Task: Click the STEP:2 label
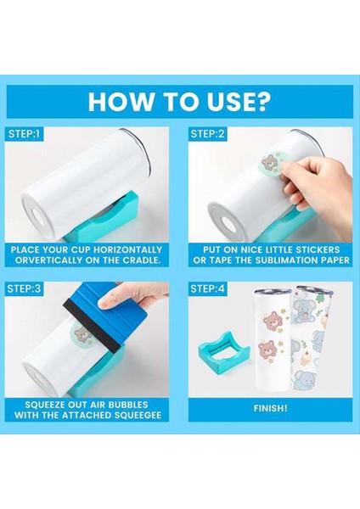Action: pos(209,133)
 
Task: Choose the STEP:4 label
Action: pos(209,288)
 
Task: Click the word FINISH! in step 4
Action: pos(269,408)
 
